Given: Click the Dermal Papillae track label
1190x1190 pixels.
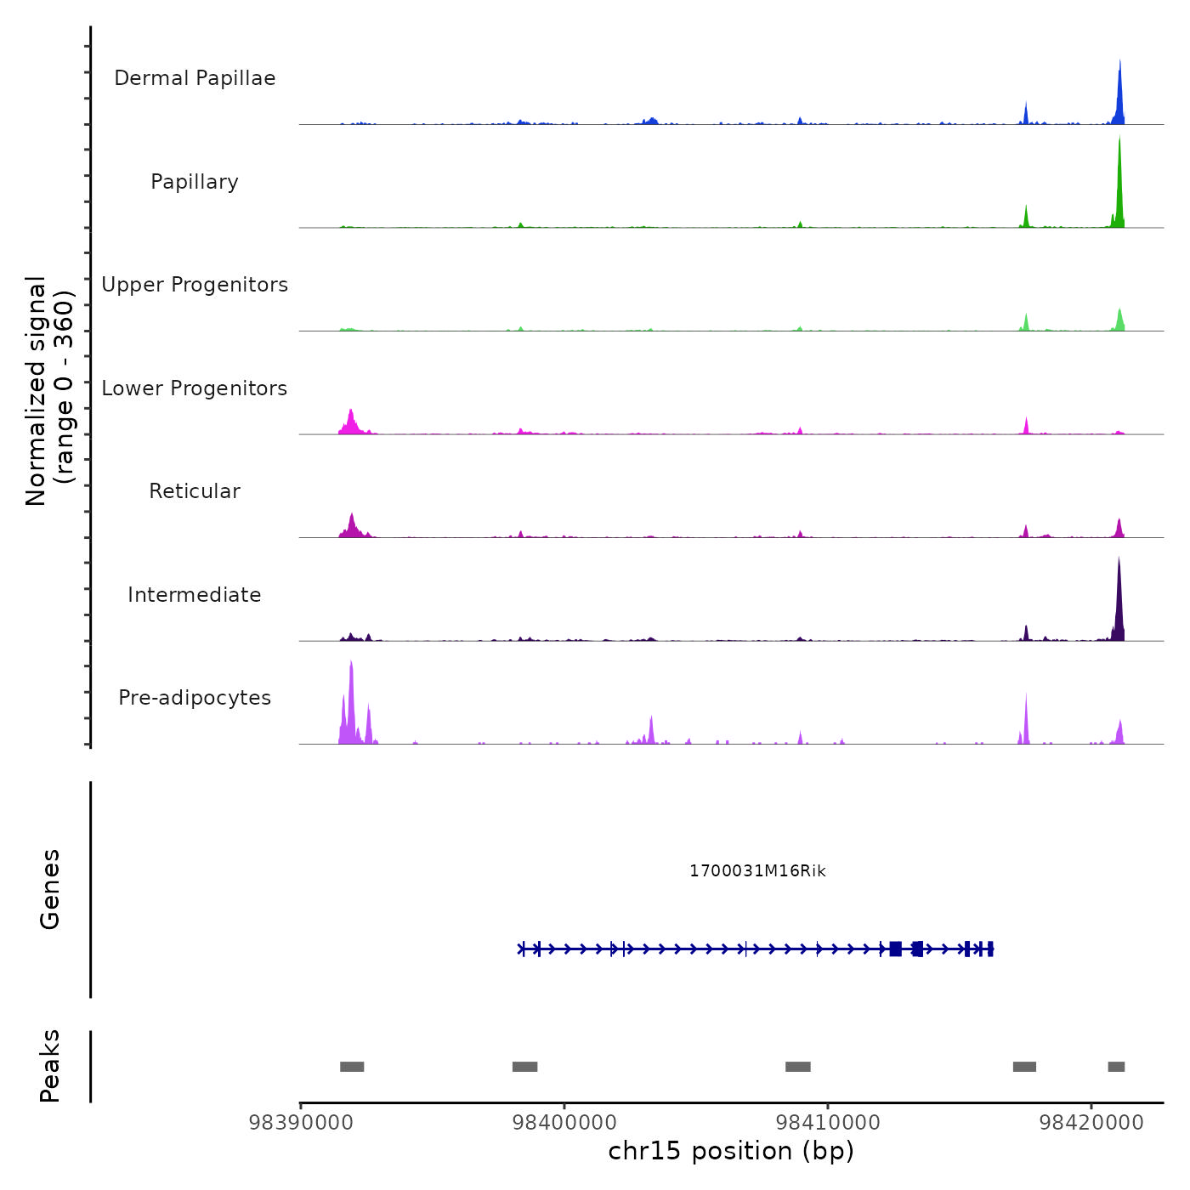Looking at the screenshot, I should [195, 78].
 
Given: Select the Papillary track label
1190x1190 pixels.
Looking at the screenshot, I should [195, 182].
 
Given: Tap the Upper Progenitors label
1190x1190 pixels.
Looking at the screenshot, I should [195, 285].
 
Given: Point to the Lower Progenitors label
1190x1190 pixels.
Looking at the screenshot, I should [195, 388].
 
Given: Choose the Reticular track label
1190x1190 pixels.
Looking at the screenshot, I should [195, 491].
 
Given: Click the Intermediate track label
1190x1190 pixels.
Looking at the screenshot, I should [195, 595].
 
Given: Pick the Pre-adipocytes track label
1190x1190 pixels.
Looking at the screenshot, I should [195, 698].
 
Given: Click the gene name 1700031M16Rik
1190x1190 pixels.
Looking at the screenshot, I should [757, 871].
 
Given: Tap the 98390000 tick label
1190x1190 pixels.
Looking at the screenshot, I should [300, 1123].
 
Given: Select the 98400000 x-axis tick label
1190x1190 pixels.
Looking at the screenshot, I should [564, 1123].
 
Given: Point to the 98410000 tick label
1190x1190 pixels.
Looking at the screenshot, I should [828, 1123].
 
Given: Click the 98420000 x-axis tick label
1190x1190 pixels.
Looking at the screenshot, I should [1092, 1123].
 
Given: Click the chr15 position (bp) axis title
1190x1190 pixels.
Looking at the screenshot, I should [731, 1151].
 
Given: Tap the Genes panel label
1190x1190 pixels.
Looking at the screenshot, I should [50, 889].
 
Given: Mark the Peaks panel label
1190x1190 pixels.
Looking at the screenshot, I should [50, 1066].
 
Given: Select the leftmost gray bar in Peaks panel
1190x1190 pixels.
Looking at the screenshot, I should [352, 1067].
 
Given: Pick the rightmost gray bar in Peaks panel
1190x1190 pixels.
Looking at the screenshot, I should [1116, 1067].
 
